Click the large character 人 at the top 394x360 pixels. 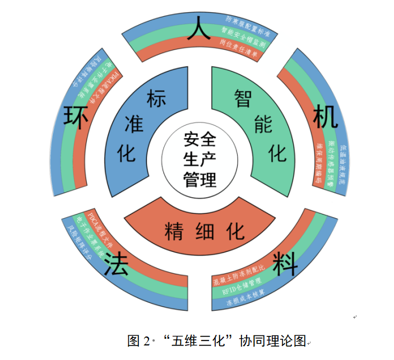(200, 29)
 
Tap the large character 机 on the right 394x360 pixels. (324, 117)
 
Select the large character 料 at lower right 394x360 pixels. (284, 263)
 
